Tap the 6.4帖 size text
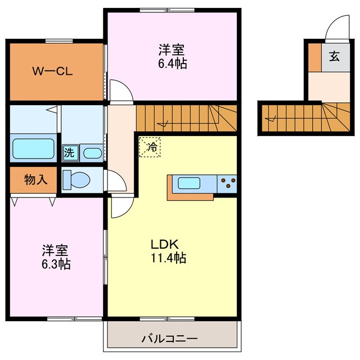(x=172, y=64)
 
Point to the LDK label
(x=164, y=245)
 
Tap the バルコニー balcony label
(x=169, y=339)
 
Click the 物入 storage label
(x=35, y=180)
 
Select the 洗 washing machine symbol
(x=69, y=152)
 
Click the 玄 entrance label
(x=334, y=56)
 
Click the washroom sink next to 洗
(x=92, y=152)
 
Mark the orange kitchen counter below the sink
(x=190, y=196)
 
